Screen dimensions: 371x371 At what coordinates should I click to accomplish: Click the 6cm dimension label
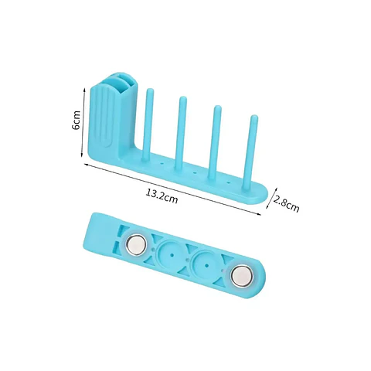(77, 121)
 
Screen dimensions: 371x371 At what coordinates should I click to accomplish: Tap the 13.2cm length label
(162, 196)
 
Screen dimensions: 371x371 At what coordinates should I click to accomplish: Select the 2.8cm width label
(286, 203)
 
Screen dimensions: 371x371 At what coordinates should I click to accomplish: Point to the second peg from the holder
(181, 133)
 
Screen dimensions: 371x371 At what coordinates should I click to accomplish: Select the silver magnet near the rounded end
(242, 274)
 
